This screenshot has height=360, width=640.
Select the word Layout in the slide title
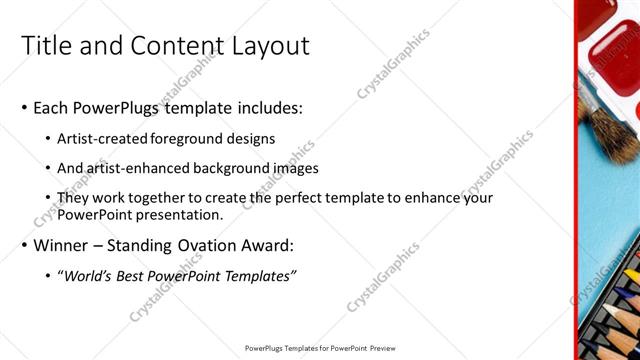pyautogui.click(x=268, y=46)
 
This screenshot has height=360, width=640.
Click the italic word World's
pyautogui.click(x=88, y=275)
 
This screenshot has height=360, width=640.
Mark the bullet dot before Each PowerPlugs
pyautogui.click(x=24, y=108)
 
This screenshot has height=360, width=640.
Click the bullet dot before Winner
pyautogui.click(x=24, y=246)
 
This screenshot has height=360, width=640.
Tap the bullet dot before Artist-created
pyautogui.click(x=48, y=140)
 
